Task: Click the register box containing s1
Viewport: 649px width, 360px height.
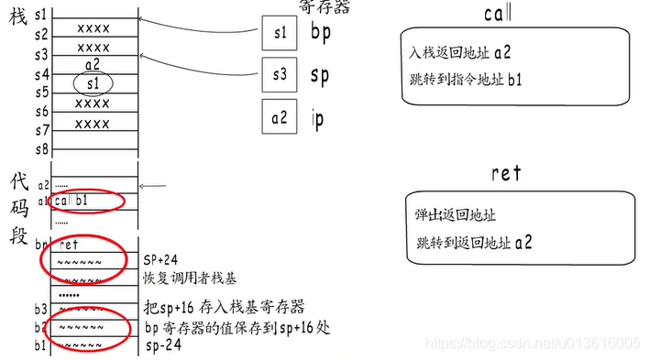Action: coord(280,34)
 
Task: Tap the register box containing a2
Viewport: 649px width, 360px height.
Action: coord(280,118)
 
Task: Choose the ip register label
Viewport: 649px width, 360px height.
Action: coord(318,119)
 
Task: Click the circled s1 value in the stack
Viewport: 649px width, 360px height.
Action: coord(92,83)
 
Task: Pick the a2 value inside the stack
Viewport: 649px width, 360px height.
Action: coord(92,65)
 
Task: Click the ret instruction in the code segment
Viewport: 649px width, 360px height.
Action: coord(69,245)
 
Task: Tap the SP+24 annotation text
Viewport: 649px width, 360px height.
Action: coord(161,260)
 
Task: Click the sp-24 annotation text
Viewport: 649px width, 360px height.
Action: coord(159,347)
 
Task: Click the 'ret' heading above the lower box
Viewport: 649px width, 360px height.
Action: coord(506,173)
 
